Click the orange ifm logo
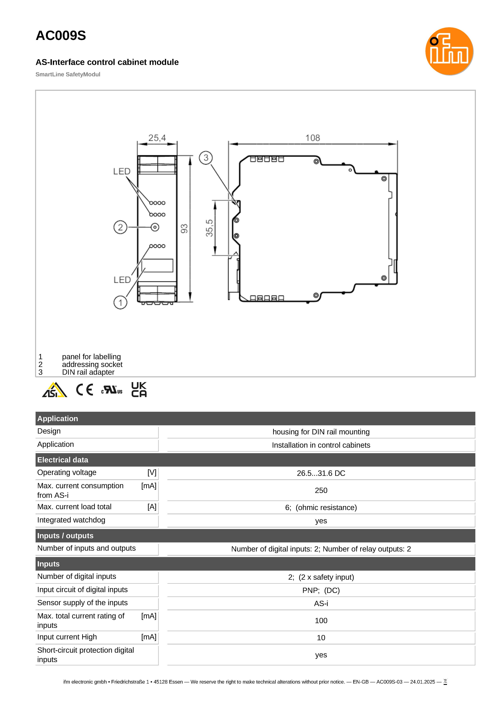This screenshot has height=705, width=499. [x=449, y=51]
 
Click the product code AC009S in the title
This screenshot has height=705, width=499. [x=61, y=36]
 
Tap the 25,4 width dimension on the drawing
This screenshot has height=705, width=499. [x=157, y=138]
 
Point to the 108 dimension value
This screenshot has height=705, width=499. [x=312, y=138]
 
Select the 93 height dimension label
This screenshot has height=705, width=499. [x=184, y=229]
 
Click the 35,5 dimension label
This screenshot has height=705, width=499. [x=209, y=228]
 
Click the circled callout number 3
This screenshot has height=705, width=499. [x=206, y=158]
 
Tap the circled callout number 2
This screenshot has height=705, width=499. [x=120, y=227]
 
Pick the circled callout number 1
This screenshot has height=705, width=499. [x=120, y=303]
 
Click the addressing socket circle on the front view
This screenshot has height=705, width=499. [x=155, y=227]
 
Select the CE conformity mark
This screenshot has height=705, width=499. [x=85, y=390]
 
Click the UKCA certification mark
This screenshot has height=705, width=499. [x=139, y=390]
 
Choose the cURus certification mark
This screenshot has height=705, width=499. [x=112, y=390]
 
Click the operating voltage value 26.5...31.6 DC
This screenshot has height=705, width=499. [x=321, y=473]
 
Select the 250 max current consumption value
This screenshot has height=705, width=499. [x=321, y=491]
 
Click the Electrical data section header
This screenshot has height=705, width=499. [x=63, y=460]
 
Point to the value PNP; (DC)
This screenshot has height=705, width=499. [x=321, y=590]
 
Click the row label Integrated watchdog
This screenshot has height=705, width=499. [x=71, y=520]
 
